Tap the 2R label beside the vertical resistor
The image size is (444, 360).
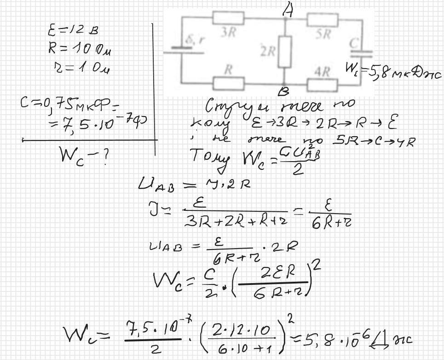[267, 52]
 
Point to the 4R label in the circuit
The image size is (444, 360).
[323, 72]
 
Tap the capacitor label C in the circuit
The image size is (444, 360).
[354, 44]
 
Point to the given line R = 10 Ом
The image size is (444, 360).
[79, 48]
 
